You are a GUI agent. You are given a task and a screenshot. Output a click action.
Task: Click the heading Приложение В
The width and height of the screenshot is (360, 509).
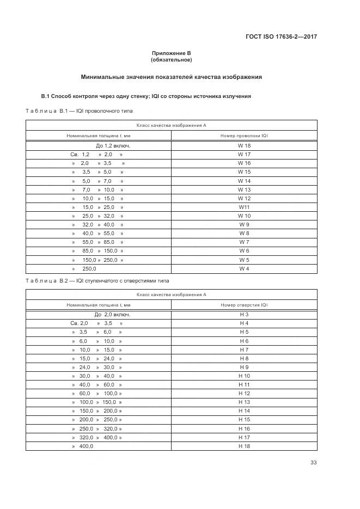point(171,53)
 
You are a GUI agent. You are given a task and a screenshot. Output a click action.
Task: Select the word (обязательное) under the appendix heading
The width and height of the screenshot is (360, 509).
point(171,59)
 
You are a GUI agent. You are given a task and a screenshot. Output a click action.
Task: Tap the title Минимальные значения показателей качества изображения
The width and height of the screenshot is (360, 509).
point(171,77)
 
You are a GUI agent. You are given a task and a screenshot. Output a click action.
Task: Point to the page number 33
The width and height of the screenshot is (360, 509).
point(313,463)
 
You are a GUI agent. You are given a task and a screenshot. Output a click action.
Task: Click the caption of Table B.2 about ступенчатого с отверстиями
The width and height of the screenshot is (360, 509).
point(97,281)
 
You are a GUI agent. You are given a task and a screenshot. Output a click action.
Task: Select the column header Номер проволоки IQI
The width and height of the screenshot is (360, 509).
point(244,135)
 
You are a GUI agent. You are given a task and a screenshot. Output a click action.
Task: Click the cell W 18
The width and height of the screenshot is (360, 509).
point(244,146)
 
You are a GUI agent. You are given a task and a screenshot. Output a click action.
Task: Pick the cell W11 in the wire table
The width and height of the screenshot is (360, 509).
point(244,207)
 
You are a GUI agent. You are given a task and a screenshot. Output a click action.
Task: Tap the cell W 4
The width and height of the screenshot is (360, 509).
point(244,269)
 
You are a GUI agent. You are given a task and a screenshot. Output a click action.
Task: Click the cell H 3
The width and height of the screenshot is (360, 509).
point(244,315)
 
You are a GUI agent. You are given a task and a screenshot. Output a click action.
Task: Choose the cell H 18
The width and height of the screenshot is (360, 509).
point(244,446)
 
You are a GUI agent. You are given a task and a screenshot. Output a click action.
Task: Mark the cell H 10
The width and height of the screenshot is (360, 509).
point(244,376)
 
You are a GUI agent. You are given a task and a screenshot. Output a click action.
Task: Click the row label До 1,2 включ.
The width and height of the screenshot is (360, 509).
point(113,146)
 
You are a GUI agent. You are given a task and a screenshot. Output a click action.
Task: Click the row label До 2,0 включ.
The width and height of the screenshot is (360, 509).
point(112,315)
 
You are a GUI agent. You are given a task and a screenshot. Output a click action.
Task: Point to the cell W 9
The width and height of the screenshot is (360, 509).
point(244,224)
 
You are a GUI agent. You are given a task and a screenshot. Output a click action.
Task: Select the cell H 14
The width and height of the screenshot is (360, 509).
point(244,411)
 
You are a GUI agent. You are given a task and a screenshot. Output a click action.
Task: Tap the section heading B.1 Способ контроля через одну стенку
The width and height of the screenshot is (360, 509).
point(146,96)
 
